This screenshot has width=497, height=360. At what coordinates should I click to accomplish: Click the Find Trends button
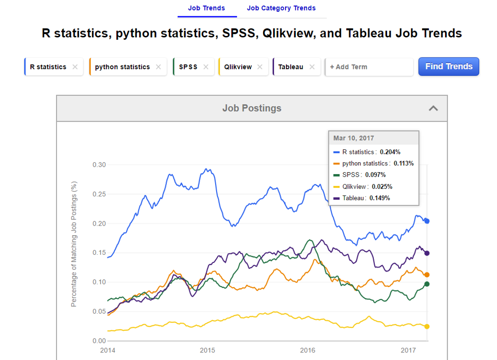point(449,67)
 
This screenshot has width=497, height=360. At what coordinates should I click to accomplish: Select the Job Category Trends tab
point(281,8)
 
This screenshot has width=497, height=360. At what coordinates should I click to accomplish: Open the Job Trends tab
point(207,8)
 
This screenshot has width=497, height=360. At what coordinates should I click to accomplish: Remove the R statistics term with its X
point(75,67)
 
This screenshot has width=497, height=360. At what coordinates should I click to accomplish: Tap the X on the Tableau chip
point(312,67)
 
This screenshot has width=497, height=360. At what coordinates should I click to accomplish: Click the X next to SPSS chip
point(206,67)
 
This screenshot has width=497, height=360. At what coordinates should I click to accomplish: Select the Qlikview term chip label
point(238,67)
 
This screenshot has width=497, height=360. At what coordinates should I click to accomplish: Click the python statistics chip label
point(122,67)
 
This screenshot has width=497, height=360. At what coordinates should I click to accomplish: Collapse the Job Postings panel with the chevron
point(433,108)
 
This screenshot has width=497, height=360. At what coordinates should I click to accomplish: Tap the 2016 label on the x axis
point(308,350)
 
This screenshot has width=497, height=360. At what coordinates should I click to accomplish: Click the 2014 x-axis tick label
point(108,350)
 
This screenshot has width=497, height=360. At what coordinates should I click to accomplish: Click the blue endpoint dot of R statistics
point(427,221)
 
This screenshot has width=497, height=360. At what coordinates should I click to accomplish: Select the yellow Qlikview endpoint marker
point(427,326)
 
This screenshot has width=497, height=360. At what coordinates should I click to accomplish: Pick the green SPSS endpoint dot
point(427,284)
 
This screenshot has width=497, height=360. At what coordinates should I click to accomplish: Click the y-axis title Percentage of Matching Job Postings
point(74,244)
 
